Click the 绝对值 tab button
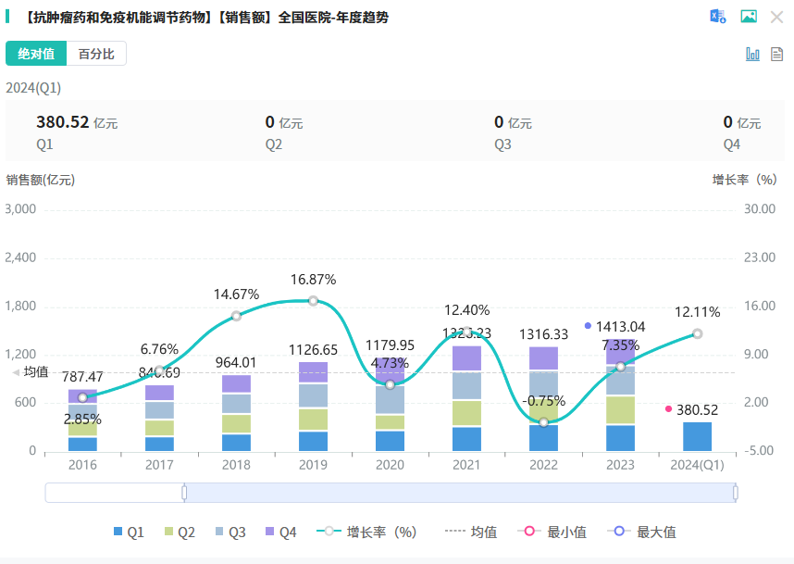click(x=36, y=54)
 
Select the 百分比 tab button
click(x=96, y=54)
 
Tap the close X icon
click(x=776, y=17)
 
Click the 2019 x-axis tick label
click(x=313, y=466)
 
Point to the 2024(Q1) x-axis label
click(x=697, y=466)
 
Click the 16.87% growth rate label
click(x=313, y=280)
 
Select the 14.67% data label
click(x=236, y=295)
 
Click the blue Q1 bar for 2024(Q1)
click(x=697, y=436)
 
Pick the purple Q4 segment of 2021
click(x=466, y=358)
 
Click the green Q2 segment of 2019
click(x=313, y=419)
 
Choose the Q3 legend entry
click(x=230, y=532)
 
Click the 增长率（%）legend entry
click(x=367, y=532)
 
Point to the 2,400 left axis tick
click(x=20, y=257)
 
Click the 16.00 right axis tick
click(x=760, y=306)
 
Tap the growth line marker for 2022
click(x=543, y=422)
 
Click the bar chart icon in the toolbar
click(x=752, y=54)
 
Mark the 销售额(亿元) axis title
click(x=40, y=180)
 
